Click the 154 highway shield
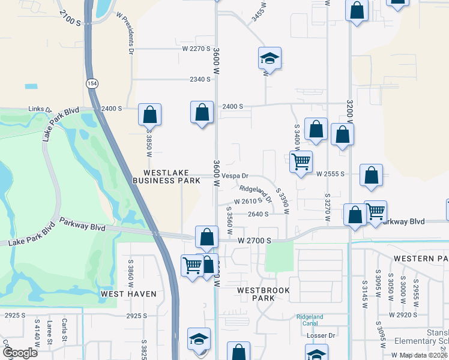pos(91,83)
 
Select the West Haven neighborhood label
pos(128,294)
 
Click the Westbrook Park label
pos(264,294)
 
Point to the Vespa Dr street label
pos(235,176)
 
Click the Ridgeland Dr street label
pos(252,194)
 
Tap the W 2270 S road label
pos(197,49)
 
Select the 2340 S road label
pos(200,79)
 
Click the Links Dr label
pos(40,109)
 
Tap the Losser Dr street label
pos(320,335)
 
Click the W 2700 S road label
pos(255,241)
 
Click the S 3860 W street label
pos(130,271)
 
